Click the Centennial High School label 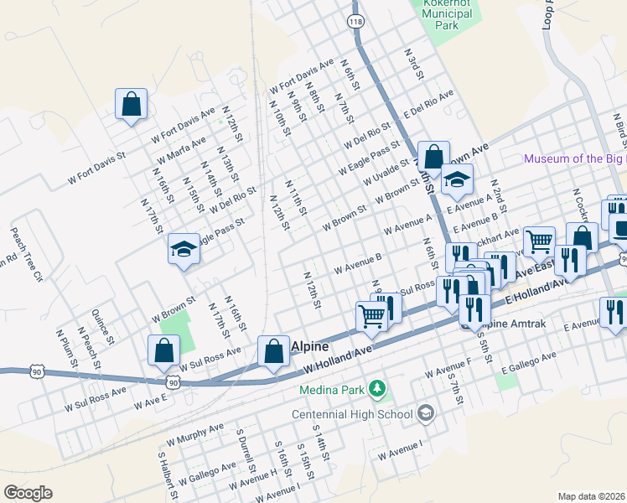tap(352, 413)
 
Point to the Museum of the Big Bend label tap(574, 159)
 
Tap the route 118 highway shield tap(355, 19)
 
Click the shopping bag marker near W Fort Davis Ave tap(132, 105)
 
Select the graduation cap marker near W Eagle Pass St tap(184, 249)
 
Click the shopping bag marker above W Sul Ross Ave tap(164, 351)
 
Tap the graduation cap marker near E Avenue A tap(457, 180)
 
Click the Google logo tap(28, 492)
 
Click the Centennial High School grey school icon tap(426, 412)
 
